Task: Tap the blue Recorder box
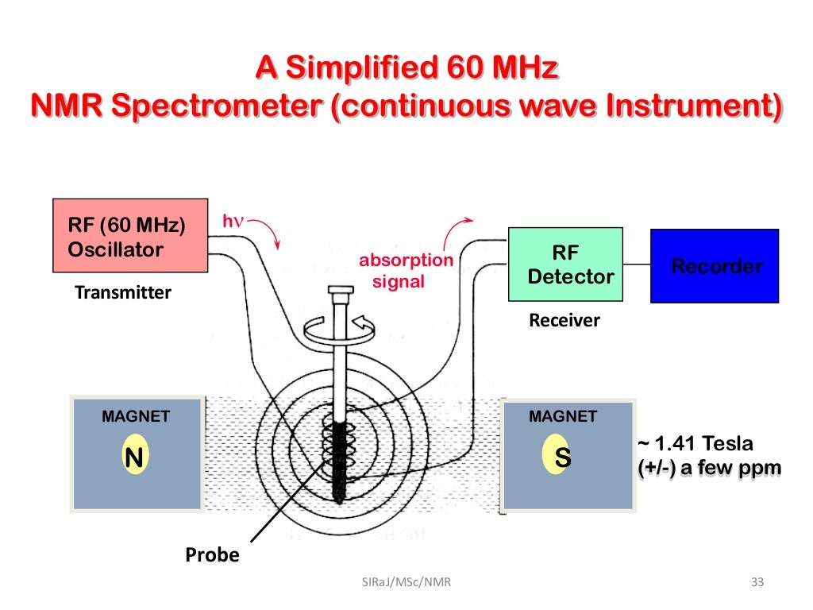point(715,265)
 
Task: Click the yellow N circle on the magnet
point(136,457)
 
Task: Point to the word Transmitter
point(122,292)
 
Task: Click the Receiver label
point(564,320)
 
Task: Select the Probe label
point(212,554)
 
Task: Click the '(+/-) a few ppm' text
point(709,468)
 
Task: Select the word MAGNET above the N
point(136,416)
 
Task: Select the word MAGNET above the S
point(563,416)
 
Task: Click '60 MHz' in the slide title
point(489,69)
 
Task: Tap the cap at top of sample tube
point(339,290)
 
